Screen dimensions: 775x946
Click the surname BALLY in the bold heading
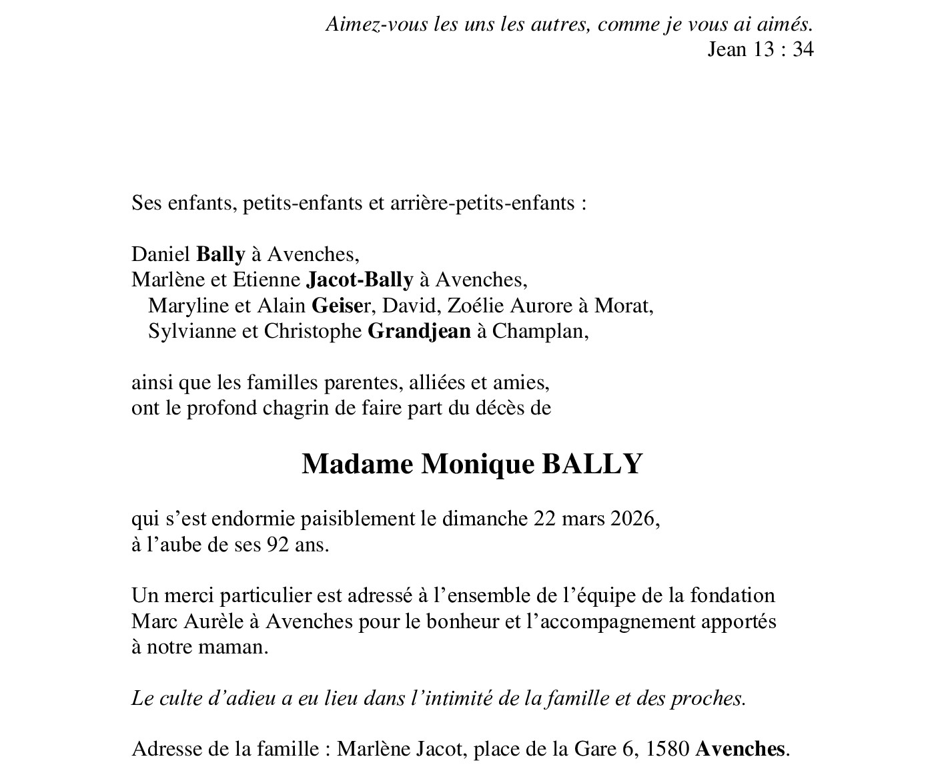tap(592, 464)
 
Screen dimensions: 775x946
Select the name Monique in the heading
tap(477, 464)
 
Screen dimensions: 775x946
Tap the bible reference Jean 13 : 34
tap(760, 49)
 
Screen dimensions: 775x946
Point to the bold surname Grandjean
tap(419, 331)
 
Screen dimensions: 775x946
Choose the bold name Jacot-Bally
tap(360, 280)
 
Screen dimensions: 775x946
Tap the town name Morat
tap(623, 306)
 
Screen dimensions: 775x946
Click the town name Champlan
tap(540, 331)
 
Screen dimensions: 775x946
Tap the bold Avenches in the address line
tap(740, 749)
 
